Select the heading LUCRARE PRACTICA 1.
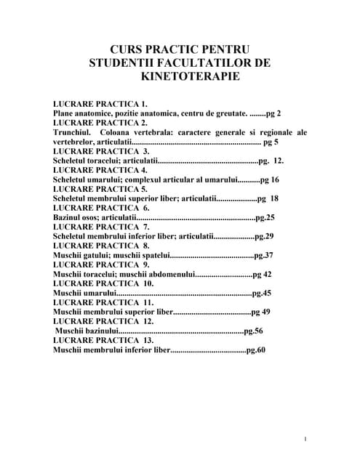[x=100, y=105]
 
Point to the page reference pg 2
[x=273, y=114]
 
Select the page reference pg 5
[x=271, y=142]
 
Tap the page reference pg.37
[x=264, y=255]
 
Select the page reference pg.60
[x=257, y=349]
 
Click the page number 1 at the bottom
[x=306, y=439]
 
